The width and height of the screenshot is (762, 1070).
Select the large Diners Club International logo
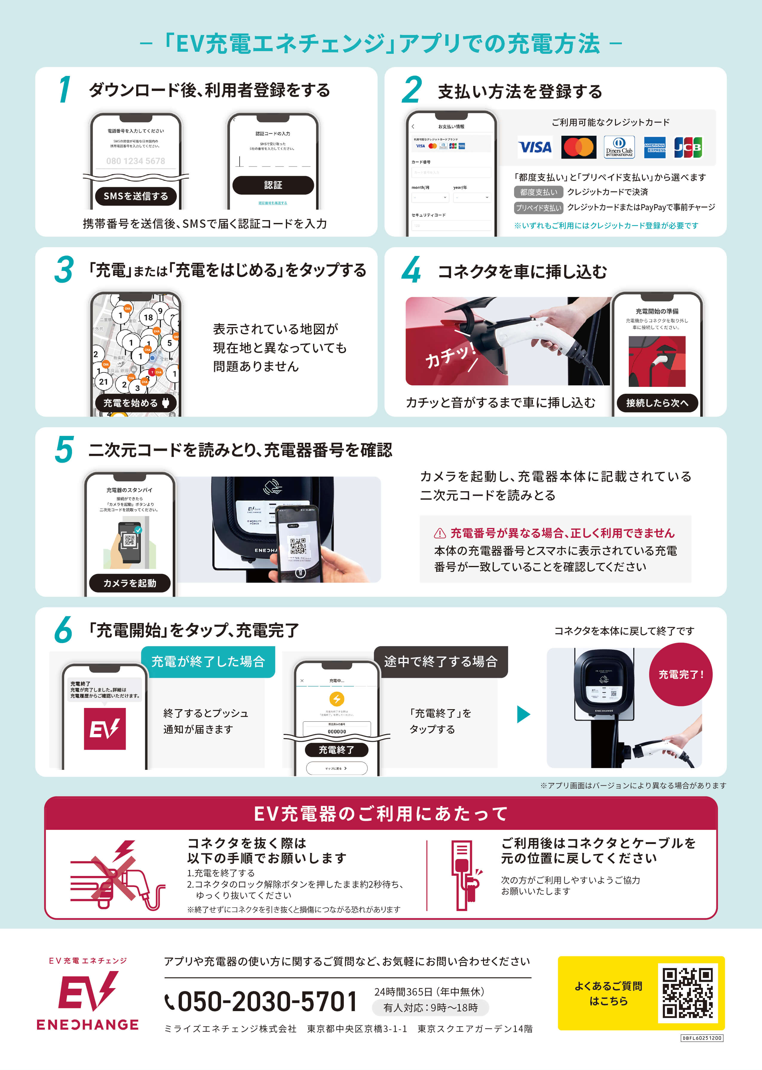619,147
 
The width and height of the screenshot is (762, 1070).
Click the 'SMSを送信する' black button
136,196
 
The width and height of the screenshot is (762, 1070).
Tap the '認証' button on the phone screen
273,185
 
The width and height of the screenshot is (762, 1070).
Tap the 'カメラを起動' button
130,583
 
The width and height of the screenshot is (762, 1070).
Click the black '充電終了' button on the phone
336,750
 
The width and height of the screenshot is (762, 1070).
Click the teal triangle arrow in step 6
523,714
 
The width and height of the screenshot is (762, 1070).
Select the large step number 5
64,450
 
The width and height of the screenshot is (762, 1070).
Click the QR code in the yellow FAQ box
687,993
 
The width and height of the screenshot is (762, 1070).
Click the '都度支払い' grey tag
538,192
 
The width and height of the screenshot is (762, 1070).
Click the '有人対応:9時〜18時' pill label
430,1008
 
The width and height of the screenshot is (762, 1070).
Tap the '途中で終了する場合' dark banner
441,662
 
